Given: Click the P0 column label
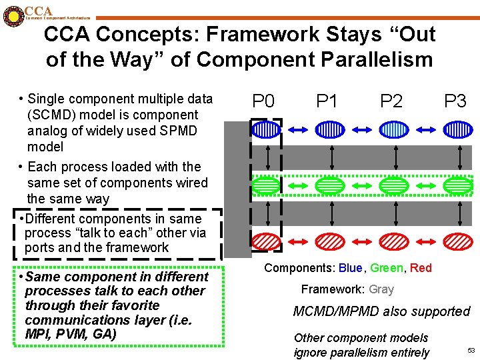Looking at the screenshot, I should point(265,101).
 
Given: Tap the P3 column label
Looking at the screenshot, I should point(455,101).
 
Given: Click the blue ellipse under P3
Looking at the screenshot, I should point(457,129).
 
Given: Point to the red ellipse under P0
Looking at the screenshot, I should point(267,241).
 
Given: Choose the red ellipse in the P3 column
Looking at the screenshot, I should point(457,241).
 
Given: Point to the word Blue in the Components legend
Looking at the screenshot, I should point(350,268).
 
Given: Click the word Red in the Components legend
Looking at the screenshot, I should point(421,268).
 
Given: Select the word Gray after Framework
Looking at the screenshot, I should point(381,289).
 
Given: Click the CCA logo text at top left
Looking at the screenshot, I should point(37,11).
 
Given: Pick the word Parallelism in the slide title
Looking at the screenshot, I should point(367,60).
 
